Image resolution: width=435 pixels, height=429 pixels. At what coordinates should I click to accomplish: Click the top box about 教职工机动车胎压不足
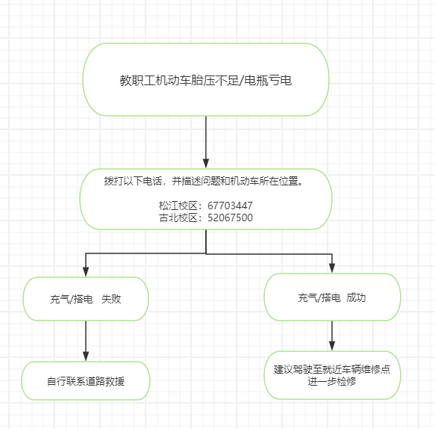tap(206, 79)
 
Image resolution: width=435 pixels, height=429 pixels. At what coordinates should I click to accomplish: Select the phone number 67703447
tap(230, 206)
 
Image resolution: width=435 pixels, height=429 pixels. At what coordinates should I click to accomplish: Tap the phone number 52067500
tap(230, 217)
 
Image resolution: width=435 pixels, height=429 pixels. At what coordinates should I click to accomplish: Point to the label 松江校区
tap(178, 206)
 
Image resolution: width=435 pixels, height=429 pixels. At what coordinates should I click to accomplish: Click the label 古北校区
tap(178, 217)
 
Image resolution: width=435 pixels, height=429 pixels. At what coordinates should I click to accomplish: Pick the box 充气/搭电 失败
tap(86, 299)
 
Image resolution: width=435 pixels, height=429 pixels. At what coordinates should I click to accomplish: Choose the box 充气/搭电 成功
tap(332, 297)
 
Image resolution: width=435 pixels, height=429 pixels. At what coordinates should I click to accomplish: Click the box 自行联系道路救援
tap(86, 380)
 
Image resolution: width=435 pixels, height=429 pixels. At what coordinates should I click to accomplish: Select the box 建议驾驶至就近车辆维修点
tap(332, 375)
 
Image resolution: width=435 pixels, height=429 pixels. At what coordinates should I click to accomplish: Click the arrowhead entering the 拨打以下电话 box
tap(206, 164)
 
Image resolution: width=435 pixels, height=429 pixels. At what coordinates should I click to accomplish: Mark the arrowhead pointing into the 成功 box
tap(332, 268)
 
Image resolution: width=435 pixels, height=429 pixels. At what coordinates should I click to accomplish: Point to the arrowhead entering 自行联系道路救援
tap(86, 357)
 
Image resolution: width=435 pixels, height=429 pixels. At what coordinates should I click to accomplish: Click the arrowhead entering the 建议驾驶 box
tap(332, 345)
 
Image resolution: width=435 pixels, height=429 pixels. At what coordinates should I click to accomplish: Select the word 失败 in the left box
tap(111, 299)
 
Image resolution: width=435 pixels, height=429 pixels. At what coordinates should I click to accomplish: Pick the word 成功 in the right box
tap(356, 297)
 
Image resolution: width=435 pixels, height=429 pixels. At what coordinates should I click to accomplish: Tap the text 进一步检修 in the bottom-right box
tap(332, 381)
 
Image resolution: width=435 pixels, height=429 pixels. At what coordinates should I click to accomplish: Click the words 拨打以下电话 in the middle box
tap(133, 181)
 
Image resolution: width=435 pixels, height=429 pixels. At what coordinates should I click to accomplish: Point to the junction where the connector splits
tap(206, 253)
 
